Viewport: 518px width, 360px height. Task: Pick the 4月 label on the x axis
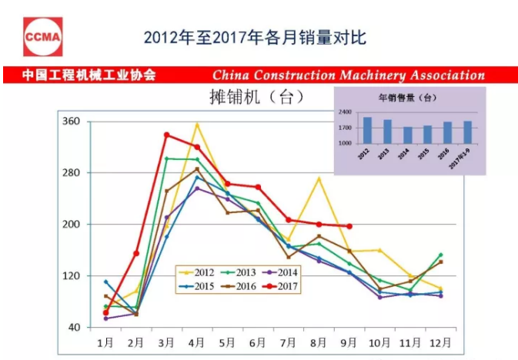point(196,341)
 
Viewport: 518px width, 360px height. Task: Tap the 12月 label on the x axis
point(440,341)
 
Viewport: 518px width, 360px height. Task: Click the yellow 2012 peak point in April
point(197,124)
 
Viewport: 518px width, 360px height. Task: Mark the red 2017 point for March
point(166,135)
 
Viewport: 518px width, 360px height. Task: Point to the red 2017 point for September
point(349,226)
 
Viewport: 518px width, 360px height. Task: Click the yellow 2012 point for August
point(319,178)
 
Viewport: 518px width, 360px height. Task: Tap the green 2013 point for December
point(440,255)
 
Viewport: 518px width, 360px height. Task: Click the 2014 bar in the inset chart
point(408,135)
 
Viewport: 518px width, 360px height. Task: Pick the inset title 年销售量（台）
point(408,98)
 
